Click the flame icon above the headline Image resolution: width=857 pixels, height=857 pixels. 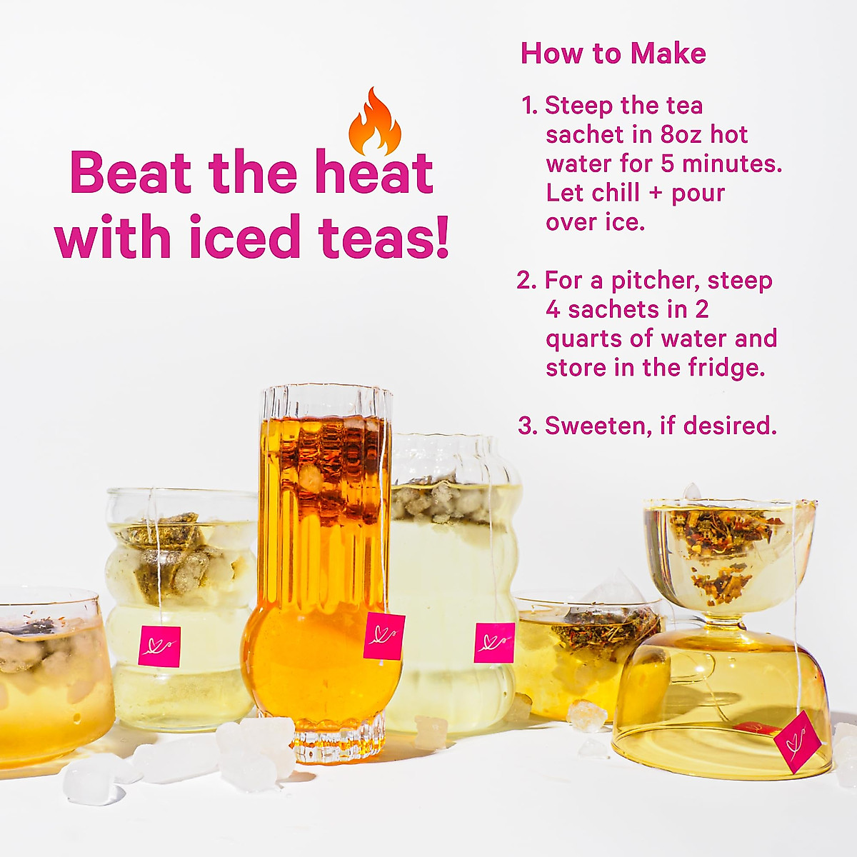[374, 123]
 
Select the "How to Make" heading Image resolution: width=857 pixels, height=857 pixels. [613, 54]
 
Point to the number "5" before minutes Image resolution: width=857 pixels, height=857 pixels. [667, 164]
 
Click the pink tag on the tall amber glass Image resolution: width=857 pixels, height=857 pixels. [384, 636]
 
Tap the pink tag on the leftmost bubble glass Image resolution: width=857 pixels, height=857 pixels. [159, 646]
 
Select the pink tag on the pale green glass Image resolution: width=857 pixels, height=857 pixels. [494, 643]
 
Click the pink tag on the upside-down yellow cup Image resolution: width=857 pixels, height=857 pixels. [792, 741]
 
